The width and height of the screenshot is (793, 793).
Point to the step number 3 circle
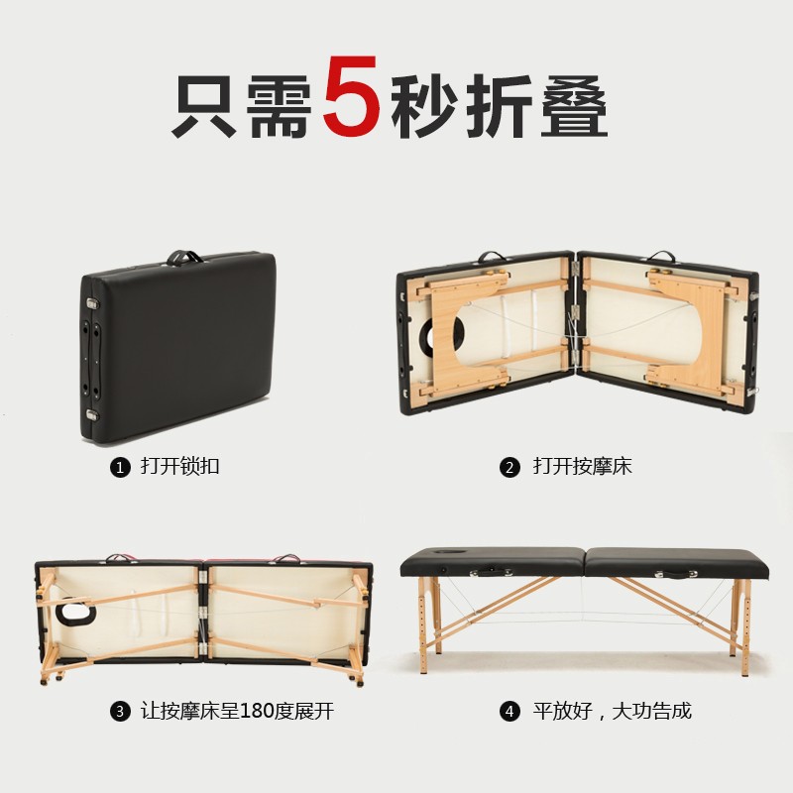tap(121, 712)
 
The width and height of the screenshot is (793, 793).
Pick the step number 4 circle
tap(510, 712)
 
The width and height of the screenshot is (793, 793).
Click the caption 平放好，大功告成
tap(612, 712)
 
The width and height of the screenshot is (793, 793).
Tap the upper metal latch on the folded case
tap(91, 304)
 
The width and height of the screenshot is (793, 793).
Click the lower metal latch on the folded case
tap(92, 414)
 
